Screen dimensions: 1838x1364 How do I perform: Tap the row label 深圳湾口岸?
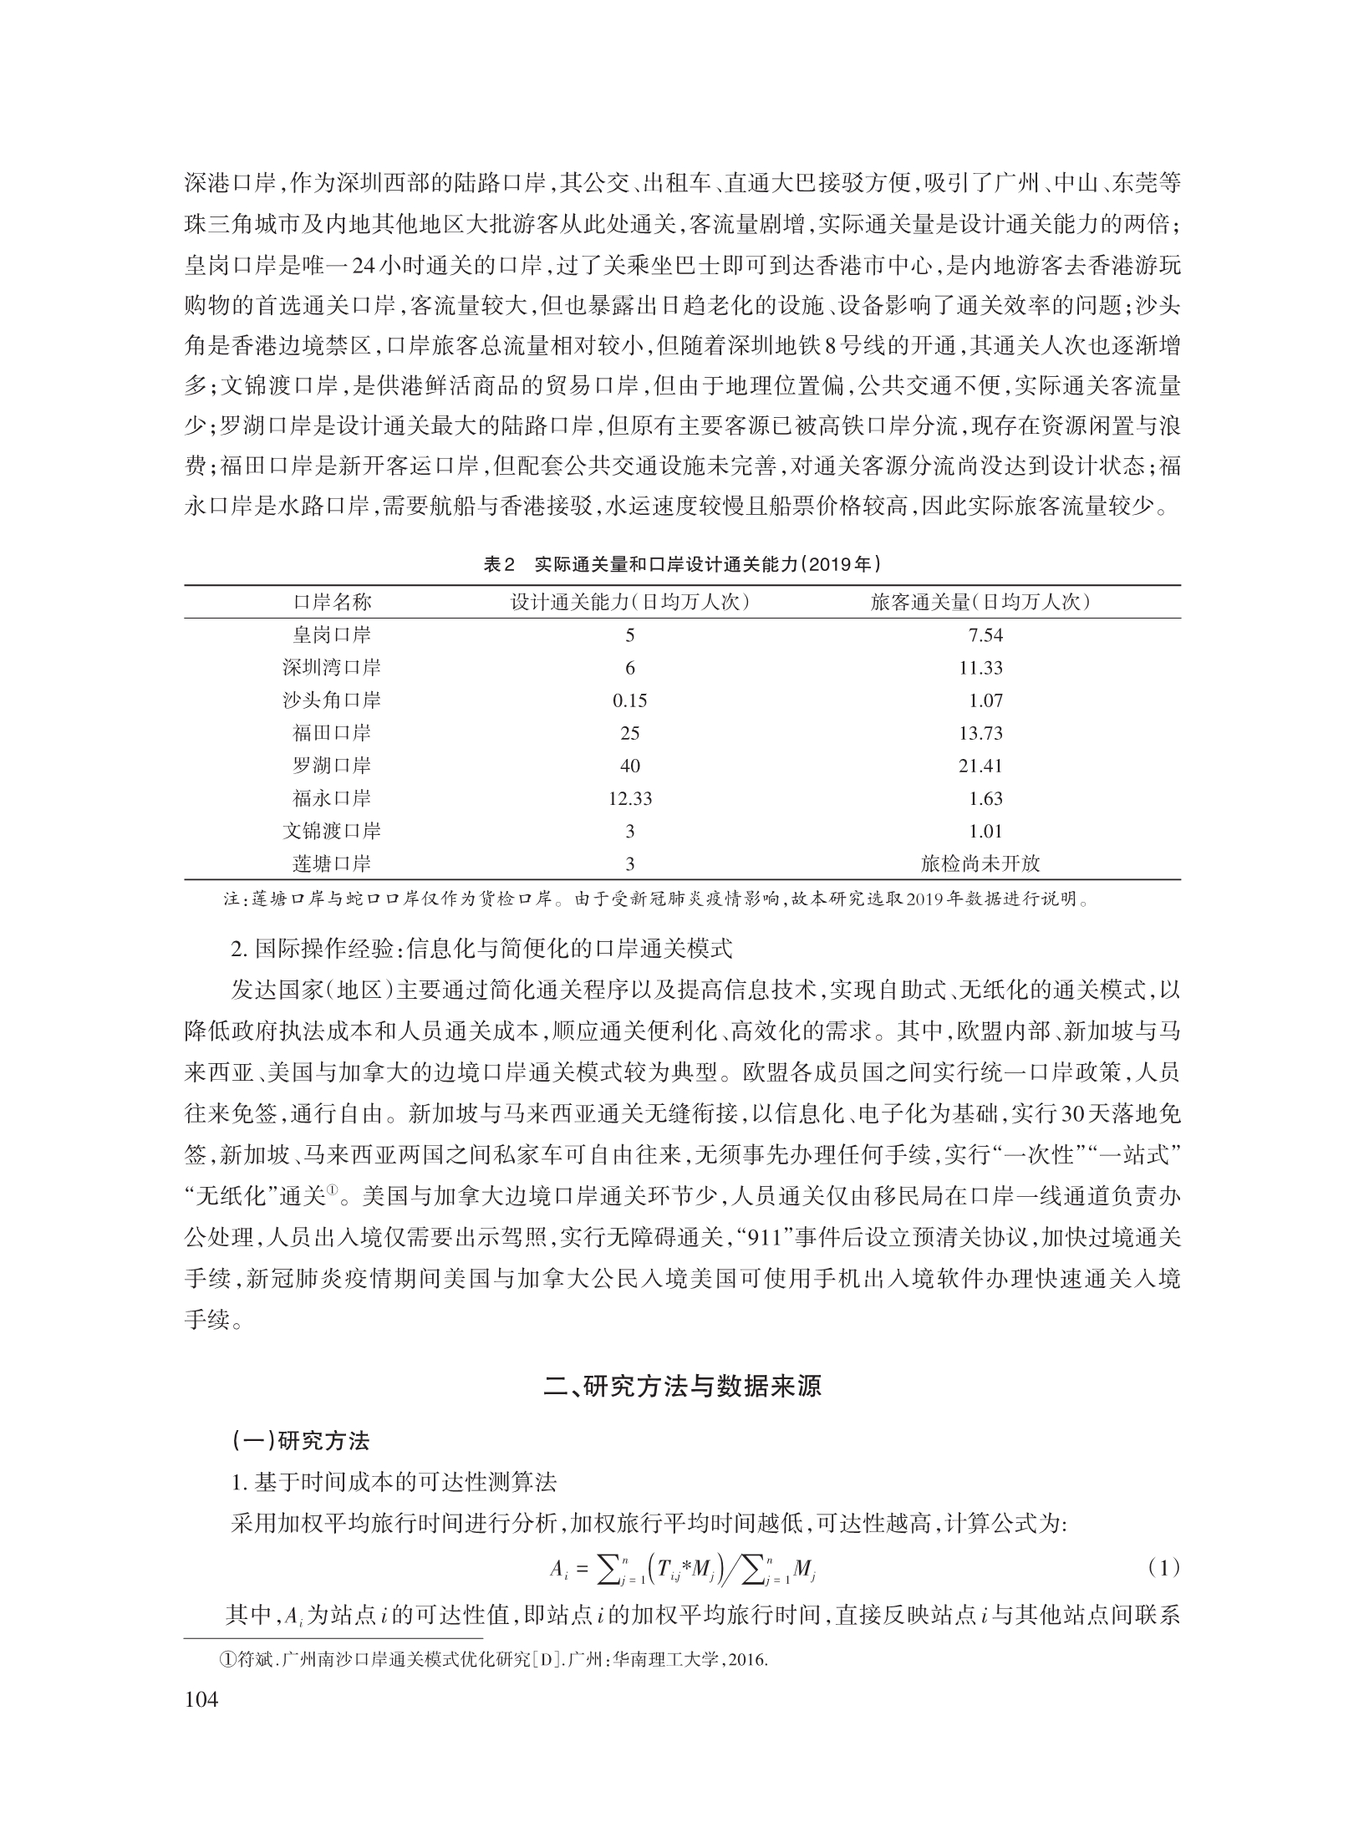331,668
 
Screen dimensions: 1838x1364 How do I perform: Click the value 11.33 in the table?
981,668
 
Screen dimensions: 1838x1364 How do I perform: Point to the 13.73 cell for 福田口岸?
981,733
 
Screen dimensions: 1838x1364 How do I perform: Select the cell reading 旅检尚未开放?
980,863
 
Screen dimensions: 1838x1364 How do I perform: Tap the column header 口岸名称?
331,603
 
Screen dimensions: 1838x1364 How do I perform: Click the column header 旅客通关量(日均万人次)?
980,603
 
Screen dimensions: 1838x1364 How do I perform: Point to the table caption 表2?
500,564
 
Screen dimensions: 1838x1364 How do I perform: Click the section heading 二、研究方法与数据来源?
682,1387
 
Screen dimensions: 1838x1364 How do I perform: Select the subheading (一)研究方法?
300,1441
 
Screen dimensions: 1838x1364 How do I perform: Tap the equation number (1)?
1163,1569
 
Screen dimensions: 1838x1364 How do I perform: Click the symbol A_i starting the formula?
558,1571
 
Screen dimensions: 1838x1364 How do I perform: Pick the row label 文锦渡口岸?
331,831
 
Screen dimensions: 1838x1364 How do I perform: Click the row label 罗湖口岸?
331,766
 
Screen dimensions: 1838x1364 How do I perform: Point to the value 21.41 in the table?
981,766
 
